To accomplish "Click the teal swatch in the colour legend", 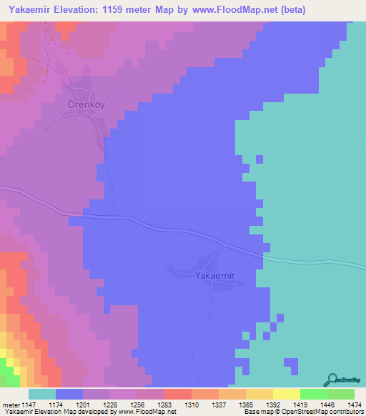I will tap(42, 394).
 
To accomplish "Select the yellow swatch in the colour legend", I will tap(287, 394).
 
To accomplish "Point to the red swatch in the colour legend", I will tap(178, 394).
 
